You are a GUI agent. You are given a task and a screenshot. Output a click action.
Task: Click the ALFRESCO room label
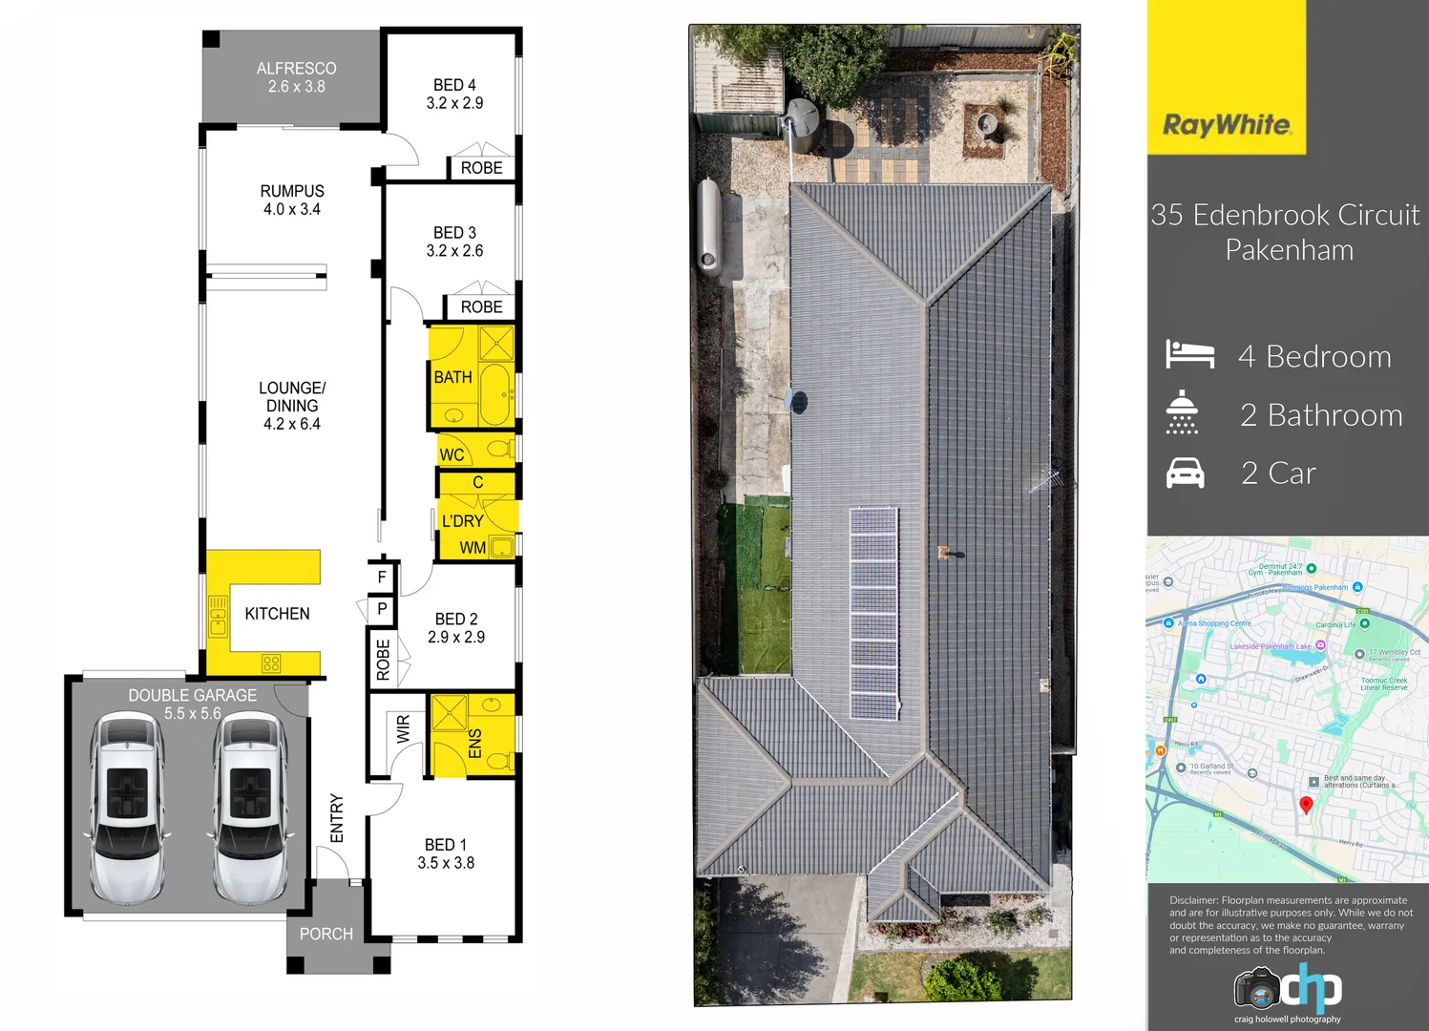296,69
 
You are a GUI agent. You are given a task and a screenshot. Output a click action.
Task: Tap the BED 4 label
454,85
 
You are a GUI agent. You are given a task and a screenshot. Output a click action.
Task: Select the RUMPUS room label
292,191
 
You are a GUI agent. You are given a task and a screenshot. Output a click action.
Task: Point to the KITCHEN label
277,614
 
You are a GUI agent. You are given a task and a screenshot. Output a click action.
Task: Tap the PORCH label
326,934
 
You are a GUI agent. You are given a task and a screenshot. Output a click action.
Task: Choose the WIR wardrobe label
403,729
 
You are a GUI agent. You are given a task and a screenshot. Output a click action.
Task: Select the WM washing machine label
473,548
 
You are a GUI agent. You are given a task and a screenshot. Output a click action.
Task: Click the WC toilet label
452,455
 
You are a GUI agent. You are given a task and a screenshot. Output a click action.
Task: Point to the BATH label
453,377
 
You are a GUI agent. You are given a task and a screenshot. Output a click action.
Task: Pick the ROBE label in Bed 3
481,307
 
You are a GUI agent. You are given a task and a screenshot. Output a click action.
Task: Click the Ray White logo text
1227,125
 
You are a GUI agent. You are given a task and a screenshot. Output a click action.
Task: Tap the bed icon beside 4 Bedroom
1189,354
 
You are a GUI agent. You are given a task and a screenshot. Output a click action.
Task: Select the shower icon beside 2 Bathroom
1182,412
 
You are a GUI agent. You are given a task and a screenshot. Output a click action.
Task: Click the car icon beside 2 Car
1186,473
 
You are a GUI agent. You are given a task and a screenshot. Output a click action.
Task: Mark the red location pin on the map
1306,805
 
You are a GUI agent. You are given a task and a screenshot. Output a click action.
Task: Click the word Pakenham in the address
1289,250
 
